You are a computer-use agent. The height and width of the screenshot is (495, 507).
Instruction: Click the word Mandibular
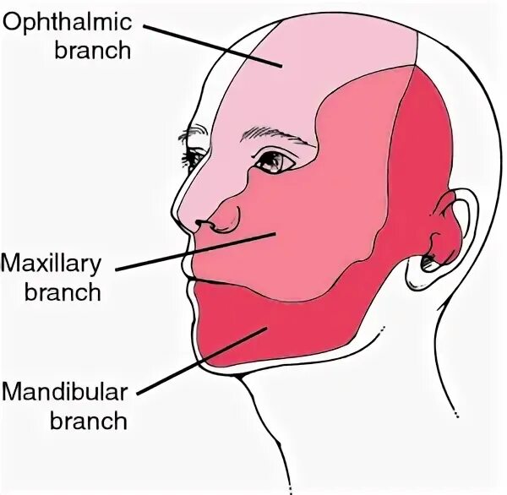point(65,392)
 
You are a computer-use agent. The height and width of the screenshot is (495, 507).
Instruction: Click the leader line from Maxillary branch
point(194,251)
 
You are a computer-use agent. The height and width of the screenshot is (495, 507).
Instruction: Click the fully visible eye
point(273,160)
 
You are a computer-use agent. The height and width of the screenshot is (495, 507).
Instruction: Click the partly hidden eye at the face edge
point(194,157)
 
